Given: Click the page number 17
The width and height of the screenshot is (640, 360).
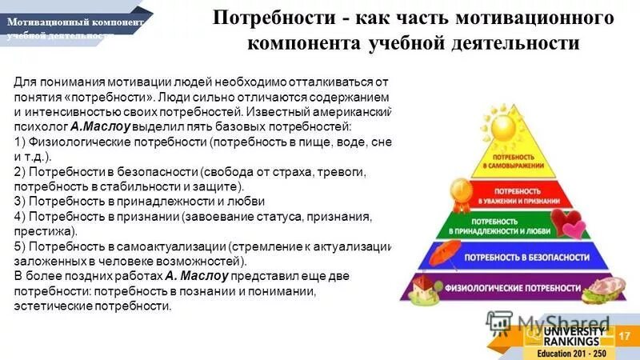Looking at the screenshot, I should click(x=625, y=334).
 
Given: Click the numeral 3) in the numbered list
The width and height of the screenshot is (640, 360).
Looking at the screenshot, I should click(x=22, y=201).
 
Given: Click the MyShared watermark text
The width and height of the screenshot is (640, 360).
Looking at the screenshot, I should click(x=552, y=322).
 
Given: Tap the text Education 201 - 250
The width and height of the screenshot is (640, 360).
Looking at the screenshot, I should click(x=570, y=353).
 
